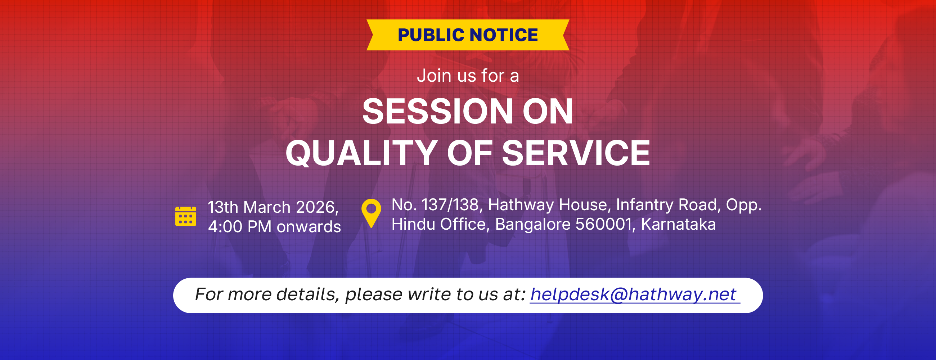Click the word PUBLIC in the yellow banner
coord(431,35)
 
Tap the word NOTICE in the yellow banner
coord(504,35)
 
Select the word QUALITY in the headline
coord(361,153)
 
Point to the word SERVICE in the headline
coord(576,153)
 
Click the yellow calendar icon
coord(186,216)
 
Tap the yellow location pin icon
coord(371,213)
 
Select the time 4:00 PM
coord(240,227)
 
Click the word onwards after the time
coord(309,227)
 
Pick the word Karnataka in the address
coord(678,224)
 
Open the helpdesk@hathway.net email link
coord(633,294)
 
